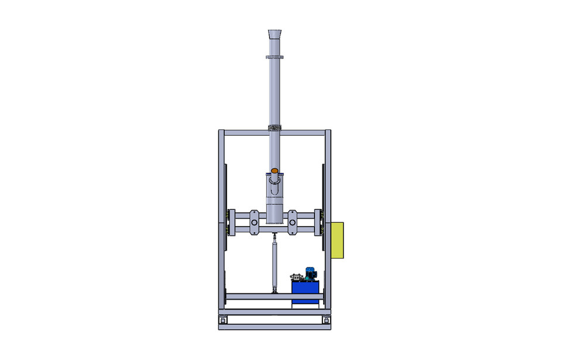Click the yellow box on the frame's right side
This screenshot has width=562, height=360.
click(337, 240)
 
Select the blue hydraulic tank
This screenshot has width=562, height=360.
click(306, 291)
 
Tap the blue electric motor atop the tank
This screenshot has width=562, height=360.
click(310, 272)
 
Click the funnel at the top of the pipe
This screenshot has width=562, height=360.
click(275, 33)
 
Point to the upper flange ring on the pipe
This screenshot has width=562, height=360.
click(275, 57)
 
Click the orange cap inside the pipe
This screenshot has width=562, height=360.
click(275, 171)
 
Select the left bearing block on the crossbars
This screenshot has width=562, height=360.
click(254, 222)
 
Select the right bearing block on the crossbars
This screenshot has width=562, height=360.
click(293, 222)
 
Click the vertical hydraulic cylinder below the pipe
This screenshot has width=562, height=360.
click(274, 263)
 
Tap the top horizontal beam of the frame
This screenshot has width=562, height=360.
click(246, 133)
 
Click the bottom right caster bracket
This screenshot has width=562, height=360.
click(326, 319)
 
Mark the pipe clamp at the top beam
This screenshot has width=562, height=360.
click(274, 128)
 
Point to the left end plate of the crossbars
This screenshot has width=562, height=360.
click(232, 222)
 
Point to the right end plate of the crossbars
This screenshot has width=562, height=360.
click(317, 222)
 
